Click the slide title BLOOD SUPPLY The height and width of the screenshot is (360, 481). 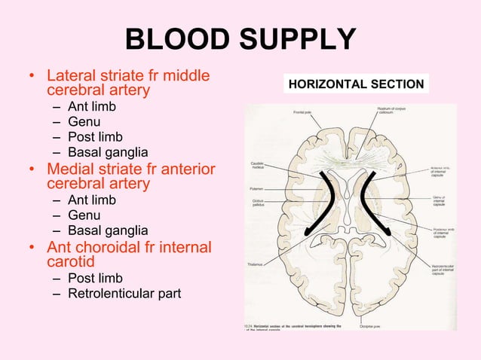click(240, 39)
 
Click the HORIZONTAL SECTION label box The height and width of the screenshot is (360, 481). click(357, 84)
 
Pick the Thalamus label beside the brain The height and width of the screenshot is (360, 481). click(255, 264)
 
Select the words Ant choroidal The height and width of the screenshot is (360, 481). click(93, 246)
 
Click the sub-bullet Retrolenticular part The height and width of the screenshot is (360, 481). click(124, 293)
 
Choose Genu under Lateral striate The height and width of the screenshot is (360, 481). click(84, 121)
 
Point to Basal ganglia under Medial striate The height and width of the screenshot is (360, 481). click(108, 230)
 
